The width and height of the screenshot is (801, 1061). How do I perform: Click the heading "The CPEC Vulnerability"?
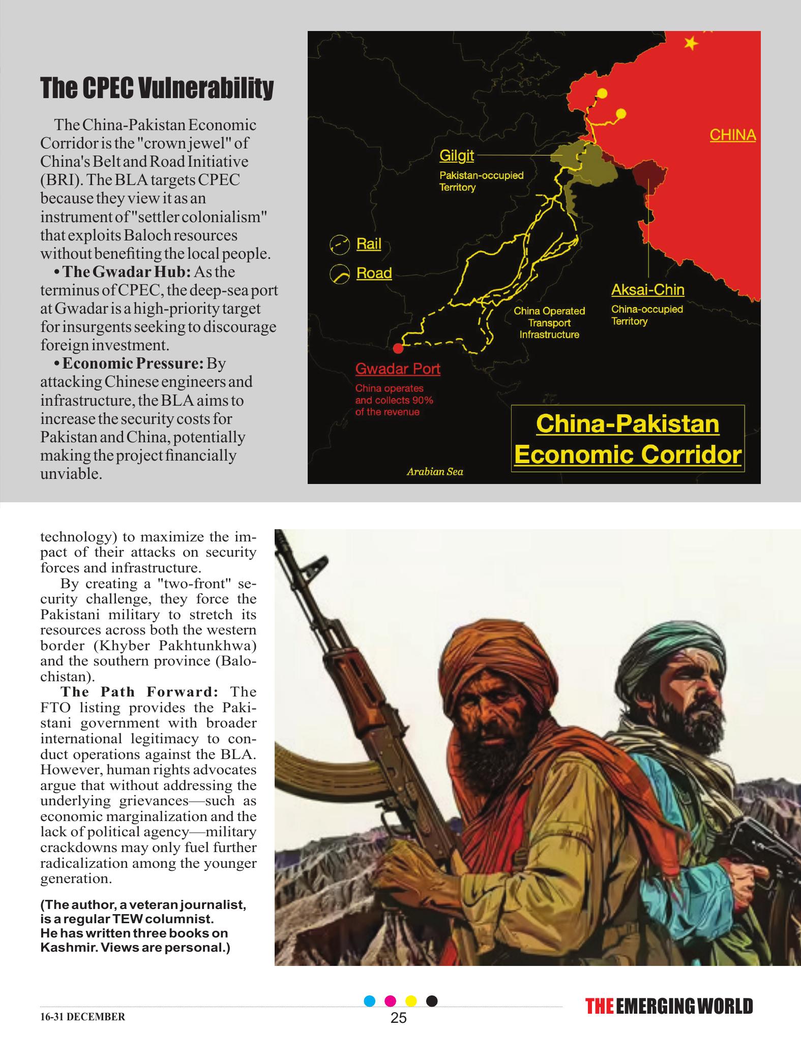[x=157, y=89]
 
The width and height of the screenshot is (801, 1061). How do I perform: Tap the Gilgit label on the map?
[x=456, y=156]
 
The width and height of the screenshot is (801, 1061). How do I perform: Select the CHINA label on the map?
[x=732, y=135]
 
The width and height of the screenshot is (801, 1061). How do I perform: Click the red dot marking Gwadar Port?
[x=398, y=348]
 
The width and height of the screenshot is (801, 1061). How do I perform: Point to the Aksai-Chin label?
[x=647, y=290]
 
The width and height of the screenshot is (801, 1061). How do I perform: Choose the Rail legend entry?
[x=368, y=244]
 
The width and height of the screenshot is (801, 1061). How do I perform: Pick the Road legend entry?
[x=374, y=273]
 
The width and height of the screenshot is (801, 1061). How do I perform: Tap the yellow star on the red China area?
[x=691, y=44]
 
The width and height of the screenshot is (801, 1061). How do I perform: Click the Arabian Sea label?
[x=435, y=472]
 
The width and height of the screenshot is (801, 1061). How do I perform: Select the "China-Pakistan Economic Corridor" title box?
[x=627, y=439]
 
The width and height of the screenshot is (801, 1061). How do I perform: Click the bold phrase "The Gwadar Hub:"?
[x=126, y=272]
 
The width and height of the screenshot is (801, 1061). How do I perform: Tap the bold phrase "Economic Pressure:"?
[x=133, y=364]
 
